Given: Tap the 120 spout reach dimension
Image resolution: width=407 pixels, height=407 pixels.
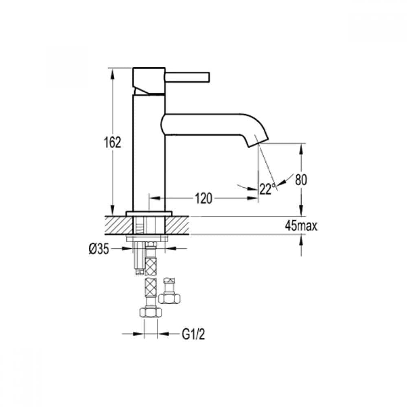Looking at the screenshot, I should point(203,199).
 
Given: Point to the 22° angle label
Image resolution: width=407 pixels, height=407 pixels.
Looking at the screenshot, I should point(267,189).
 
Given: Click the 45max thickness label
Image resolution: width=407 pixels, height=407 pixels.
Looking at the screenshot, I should point(302,226).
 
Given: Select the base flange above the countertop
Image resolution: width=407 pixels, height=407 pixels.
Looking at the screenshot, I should point(149,213).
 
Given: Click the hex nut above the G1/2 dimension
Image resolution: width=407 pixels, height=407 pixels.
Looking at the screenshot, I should point(151,312).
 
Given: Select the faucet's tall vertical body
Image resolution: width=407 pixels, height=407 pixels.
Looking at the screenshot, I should point(149,155).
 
